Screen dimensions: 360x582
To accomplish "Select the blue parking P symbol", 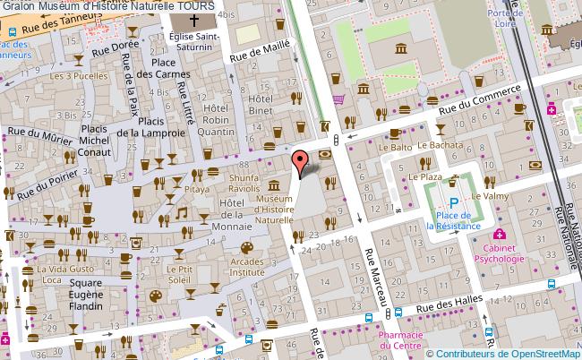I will tap(454, 203).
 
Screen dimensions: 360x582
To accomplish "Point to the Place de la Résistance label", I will tap(455, 220).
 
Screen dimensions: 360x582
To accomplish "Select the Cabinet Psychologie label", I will tap(501, 253).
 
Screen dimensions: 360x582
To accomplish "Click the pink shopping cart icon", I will tap(338, 100).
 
